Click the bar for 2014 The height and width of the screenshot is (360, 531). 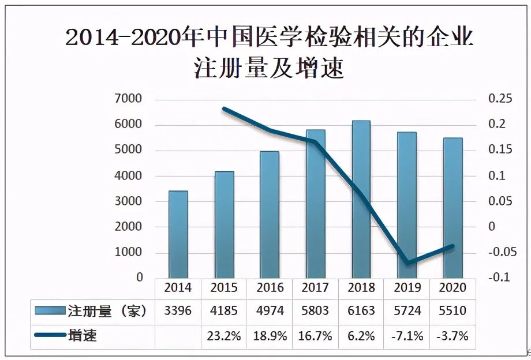178,234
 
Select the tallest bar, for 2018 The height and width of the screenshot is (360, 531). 361,198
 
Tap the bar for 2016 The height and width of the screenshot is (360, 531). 270,214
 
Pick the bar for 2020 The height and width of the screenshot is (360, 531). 453,207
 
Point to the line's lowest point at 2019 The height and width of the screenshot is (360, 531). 408,263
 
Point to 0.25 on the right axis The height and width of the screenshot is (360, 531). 500,99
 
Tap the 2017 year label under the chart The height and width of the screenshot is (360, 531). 315,287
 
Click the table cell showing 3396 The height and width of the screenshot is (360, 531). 178,312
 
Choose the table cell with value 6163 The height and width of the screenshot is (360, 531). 361,312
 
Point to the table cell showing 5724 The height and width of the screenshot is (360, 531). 407,312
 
